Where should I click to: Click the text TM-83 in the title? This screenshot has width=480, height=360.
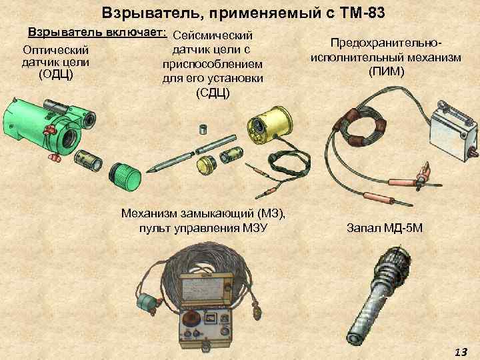click(x=357, y=13)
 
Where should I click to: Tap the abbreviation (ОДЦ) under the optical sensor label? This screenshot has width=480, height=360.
click(x=56, y=73)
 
